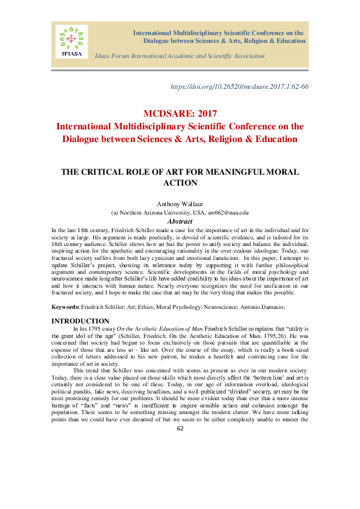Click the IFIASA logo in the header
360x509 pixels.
pos(72,42)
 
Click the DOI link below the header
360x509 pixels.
pos(240,86)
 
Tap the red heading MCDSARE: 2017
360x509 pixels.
pos(180,113)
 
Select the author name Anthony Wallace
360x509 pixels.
pos(180,205)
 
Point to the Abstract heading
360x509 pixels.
pos(180,221)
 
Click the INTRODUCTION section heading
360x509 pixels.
pos(80,320)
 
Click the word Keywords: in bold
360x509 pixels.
pos(65,308)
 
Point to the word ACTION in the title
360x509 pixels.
pos(180,182)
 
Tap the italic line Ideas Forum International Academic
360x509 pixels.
pos(180,56)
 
